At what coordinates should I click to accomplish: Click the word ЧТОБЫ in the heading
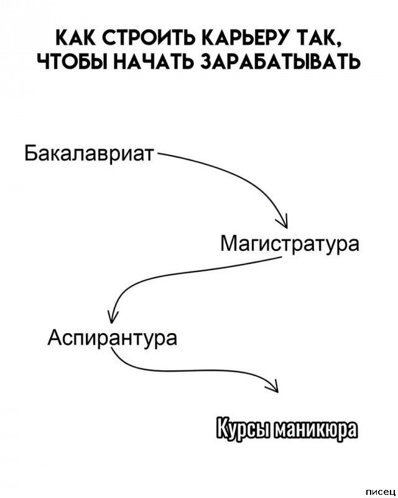[72, 60]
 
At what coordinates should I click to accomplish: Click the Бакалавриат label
[90, 154]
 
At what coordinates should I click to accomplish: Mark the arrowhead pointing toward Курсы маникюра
[274, 387]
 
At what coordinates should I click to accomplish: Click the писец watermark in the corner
[381, 492]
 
